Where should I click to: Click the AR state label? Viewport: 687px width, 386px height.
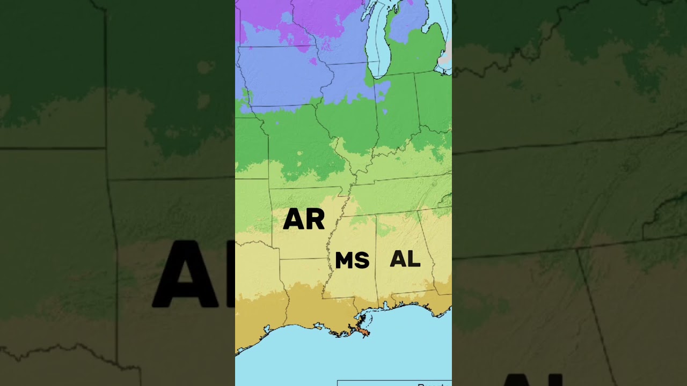(304, 219)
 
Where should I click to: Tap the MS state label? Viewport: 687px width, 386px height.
(352, 261)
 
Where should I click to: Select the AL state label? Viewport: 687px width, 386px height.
(405, 259)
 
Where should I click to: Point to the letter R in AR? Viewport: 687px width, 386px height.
(315, 219)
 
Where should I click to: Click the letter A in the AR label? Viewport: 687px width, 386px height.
(294, 219)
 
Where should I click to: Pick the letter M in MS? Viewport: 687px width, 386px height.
(345, 261)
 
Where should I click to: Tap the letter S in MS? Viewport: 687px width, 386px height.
(362, 261)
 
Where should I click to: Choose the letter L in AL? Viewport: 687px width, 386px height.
(413, 259)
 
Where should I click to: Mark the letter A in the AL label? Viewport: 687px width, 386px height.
(398, 259)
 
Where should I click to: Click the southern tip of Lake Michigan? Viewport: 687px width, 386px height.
(380, 75)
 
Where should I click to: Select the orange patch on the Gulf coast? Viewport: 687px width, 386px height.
(364, 333)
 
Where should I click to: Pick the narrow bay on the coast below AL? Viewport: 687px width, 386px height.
(385, 306)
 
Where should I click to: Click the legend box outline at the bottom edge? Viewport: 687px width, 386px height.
(394, 382)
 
